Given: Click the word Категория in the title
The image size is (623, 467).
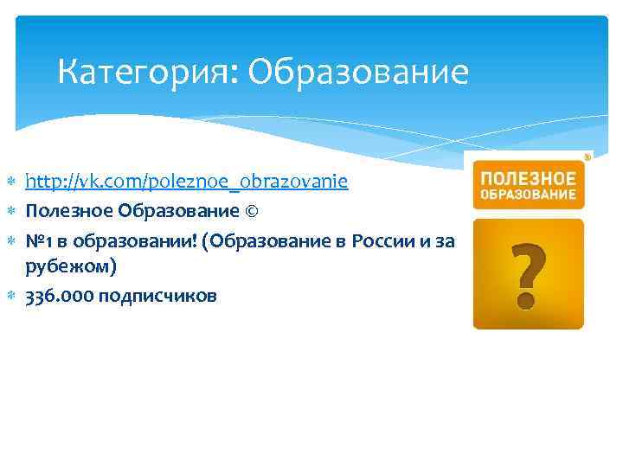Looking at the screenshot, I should tap(144, 74).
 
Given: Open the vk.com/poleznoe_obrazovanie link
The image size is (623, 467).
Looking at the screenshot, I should tap(187, 182).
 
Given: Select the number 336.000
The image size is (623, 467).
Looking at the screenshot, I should tap(59, 296).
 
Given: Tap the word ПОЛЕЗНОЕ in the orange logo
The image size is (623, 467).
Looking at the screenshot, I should tap(529, 178).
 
